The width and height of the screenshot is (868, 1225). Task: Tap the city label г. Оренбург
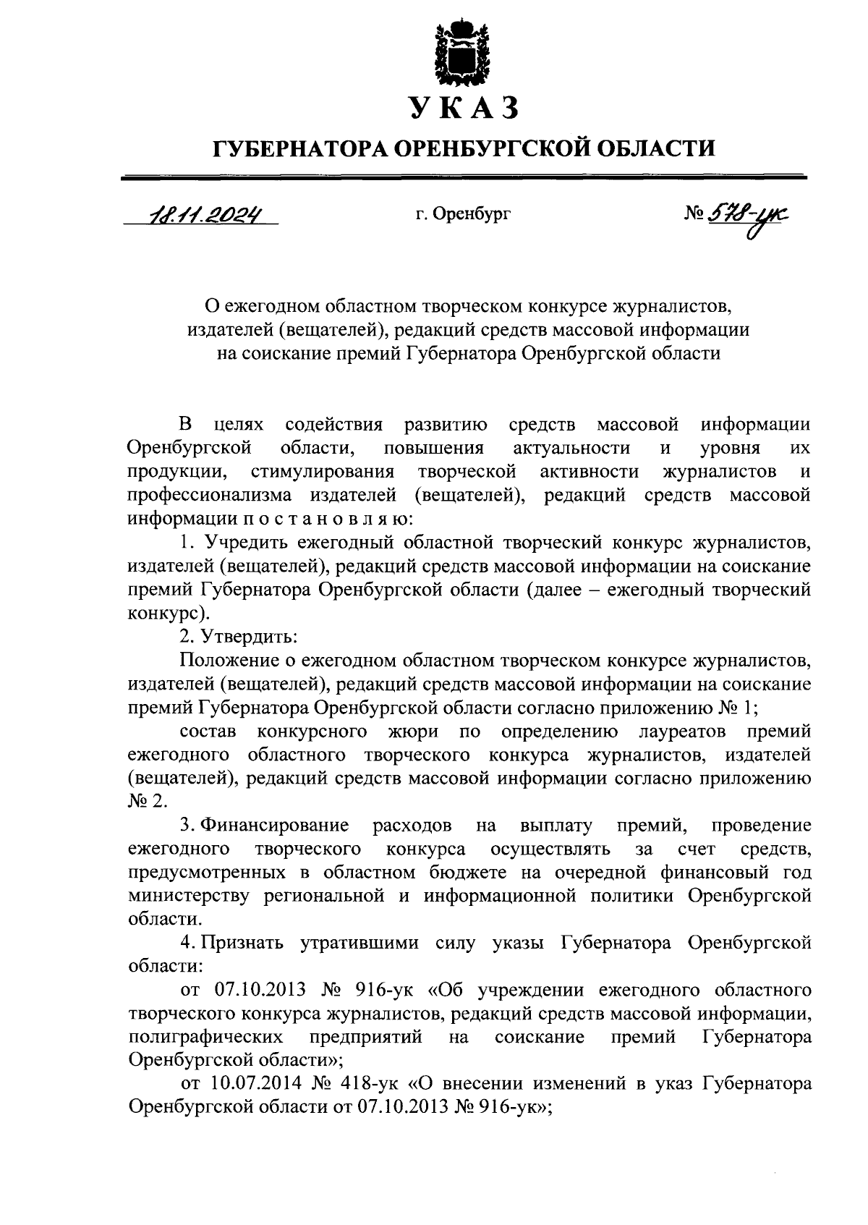coord(463,214)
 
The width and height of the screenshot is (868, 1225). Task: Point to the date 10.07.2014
coord(253,1084)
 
